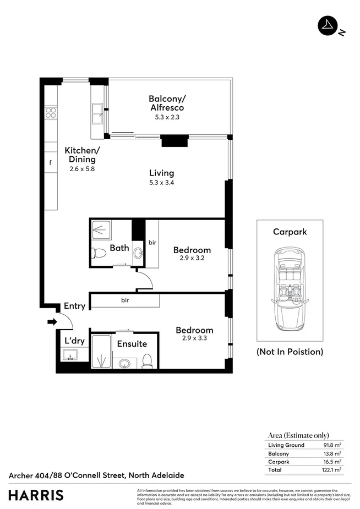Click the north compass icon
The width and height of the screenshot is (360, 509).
(x=328, y=25)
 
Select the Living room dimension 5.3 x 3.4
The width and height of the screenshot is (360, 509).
(x=161, y=182)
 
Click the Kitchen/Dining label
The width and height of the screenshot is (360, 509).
(x=83, y=155)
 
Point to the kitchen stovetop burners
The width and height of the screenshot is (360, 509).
(x=51, y=112)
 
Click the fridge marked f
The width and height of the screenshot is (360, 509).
(x=51, y=163)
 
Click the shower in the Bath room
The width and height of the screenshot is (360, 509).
(x=102, y=231)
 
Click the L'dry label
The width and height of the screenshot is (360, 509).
(x=75, y=341)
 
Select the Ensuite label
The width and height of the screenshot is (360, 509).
(x=132, y=344)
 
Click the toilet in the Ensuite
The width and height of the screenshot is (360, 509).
(x=147, y=360)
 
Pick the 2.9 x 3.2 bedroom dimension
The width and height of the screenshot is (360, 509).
(x=192, y=258)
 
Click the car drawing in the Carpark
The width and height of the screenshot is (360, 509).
(x=290, y=290)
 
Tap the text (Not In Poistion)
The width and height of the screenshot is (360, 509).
(x=290, y=352)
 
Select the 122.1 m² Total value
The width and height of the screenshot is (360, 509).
(x=332, y=470)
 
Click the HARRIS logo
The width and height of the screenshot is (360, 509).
(x=36, y=494)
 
